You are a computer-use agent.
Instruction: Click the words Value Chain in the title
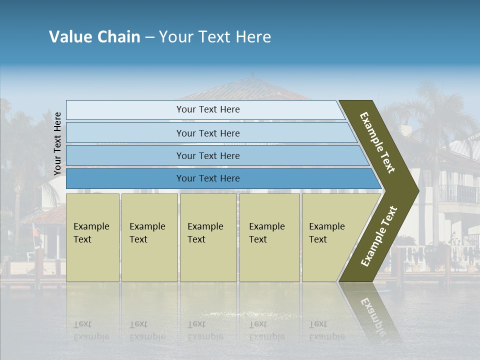pyautogui.click(x=94, y=37)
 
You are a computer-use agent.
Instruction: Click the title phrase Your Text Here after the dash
pyautogui.click(x=215, y=37)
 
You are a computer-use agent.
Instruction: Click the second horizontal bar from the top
pyautogui.click(x=208, y=133)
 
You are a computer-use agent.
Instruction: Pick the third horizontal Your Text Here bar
pyautogui.click(x=208, y=155)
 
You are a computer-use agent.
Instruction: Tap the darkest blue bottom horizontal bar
pyautogui.click(x=208, y=178)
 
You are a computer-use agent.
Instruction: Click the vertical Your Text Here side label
pyautogui.click(x=58, y=143)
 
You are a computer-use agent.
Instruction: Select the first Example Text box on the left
pyautogui.click(x=92, y=237)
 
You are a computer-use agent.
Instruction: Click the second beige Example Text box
pyautogui.click(x=149, y=237)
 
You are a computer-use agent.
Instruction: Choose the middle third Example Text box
pyautogui.click(x=208, y=237)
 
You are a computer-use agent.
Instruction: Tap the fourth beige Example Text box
pyautogui.click(x=269, y=237)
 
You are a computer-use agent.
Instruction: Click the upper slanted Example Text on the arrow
pyautogui.click(x=377, y=143)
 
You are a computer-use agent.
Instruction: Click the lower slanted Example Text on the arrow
pyautogui.click(x=379, y=236)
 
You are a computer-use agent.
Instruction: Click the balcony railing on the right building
pyautogui.click(x=457, y=194)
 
